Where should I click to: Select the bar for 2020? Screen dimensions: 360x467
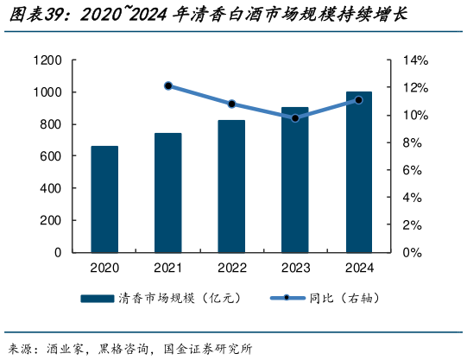coord(104,199)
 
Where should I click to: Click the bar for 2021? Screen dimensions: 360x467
coord(167,193)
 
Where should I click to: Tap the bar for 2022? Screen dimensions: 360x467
coord(231,186)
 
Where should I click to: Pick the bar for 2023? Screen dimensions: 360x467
coord(294,180)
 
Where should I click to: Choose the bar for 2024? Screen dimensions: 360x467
coord(358,172)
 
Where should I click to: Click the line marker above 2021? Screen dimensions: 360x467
coord(167,85)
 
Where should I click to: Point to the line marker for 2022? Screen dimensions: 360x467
coord(231,104)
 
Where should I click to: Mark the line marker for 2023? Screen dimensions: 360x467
coord(294,117)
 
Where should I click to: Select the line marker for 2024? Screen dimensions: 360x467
coord(358,100)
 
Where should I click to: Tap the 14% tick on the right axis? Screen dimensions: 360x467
coord(415,60)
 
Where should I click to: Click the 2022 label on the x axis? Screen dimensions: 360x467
coord(231,268)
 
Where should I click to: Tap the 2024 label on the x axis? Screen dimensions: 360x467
coord(358,268)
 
